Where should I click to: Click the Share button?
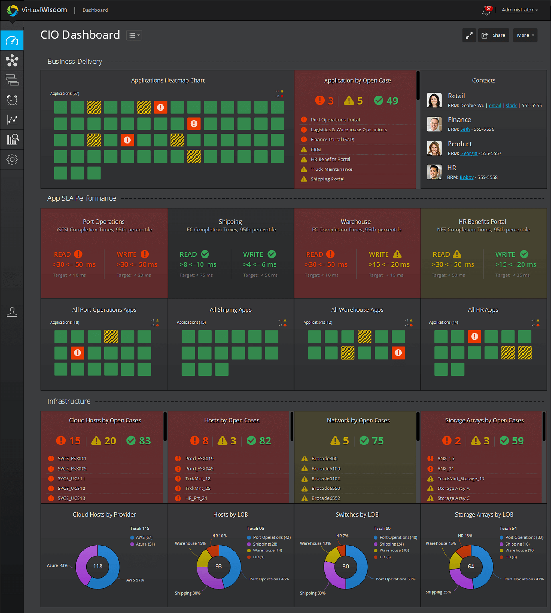[494, 35]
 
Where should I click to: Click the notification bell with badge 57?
[486, 11]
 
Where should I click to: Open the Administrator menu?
[519, 10]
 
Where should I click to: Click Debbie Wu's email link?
[495, 106]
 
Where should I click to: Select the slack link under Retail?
[511, 106]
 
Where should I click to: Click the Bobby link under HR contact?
[467, 177]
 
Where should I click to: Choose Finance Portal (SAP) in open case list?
[332, 140]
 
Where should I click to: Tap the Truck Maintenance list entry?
[332, 169]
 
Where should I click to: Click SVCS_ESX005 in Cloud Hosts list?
[72, 469]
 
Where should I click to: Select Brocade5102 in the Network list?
[326, 478]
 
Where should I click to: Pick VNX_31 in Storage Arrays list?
[445, 469]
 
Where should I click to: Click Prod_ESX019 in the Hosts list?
[199, 459]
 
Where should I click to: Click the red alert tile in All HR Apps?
[474, 337]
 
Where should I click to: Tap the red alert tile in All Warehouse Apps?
[398, 353]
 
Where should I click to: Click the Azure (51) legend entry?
[145, 544]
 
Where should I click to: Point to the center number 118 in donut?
[98, 567]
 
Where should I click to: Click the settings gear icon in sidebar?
[12, 159]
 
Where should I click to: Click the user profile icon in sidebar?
[12, 312]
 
